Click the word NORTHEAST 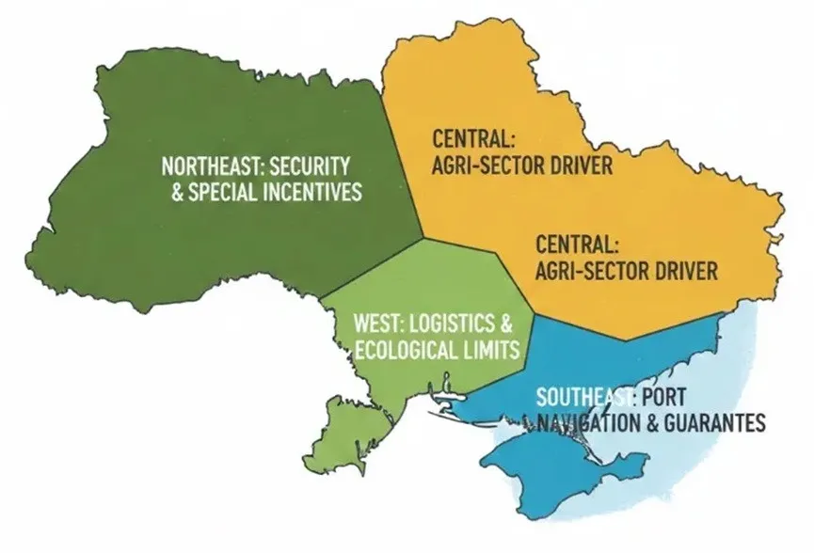tap(200, 167)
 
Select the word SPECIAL tap(229, 192)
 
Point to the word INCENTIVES tap(317, 192)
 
